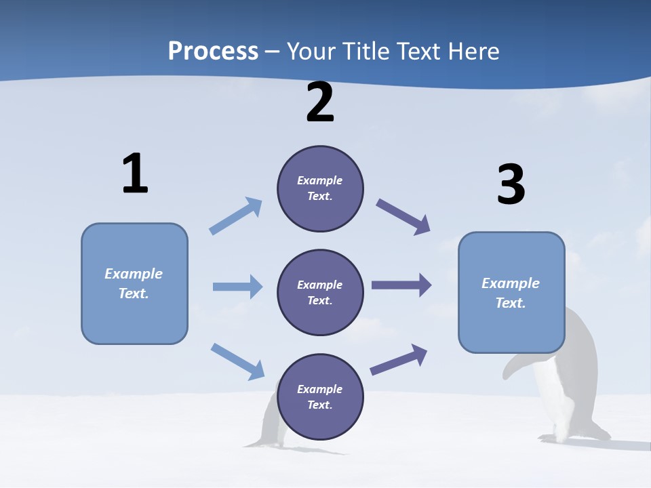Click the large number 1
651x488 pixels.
(x=135, y=174)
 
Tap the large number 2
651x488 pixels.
(x=320, y=102)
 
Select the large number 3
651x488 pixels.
(x=511, y=184)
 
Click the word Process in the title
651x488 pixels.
(x=213, y=51)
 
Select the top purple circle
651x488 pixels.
(x=320, y=188)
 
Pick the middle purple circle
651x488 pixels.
(x=320, y=292)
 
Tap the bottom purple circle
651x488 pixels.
(x=320, y=396)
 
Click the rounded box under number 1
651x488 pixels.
(x=134, y=283)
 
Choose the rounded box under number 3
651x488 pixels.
(x=511, y=293)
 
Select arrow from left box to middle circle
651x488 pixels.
(x=237, y=287)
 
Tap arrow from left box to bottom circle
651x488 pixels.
(x=238, y=361)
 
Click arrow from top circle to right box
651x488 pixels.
(x=403, y=217)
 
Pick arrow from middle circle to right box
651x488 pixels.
(x=401, y=285)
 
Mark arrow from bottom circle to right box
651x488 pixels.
(x=399, y=359)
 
